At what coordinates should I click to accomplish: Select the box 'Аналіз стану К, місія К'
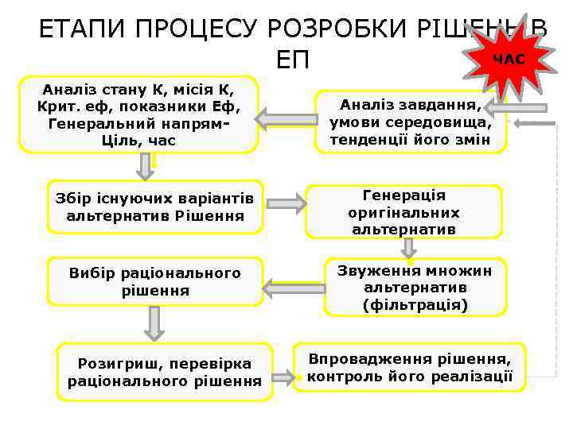pos(138,114)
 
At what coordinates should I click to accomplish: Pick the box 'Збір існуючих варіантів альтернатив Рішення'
pos(155,207)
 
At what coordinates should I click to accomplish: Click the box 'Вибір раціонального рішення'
pos(155,282)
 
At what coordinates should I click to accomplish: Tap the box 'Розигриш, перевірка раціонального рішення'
pos(165,372)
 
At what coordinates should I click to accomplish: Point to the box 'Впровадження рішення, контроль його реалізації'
pos(410,366)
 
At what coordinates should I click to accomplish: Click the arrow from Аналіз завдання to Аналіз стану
pos(285,119)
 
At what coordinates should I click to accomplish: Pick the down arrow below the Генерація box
pos(409,248)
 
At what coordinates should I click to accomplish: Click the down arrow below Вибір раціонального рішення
pos(154,324)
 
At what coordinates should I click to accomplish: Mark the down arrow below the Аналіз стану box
pos(145,166)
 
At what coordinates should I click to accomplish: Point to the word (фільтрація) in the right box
pos(415,304)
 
